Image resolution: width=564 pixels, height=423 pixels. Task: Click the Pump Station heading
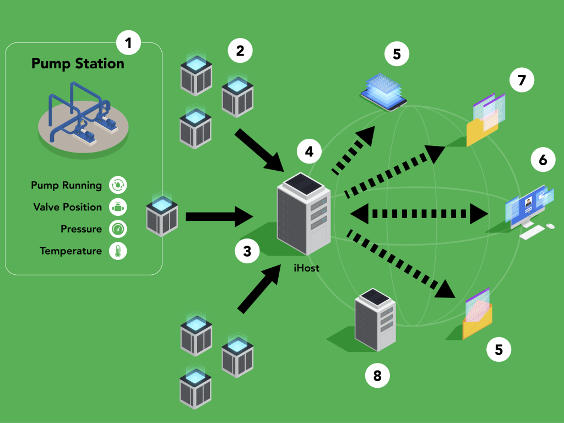click(x=78, y=64)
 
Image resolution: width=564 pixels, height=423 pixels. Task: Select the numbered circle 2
click(x=240, y=51)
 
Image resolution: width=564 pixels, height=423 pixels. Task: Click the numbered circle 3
click(x=247, y=252)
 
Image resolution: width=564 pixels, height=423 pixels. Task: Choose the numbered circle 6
click(x=543, y=160)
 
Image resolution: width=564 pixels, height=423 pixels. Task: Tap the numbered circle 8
click(x=377, y=376)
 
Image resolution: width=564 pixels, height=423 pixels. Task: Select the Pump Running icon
click(x=118, y=185)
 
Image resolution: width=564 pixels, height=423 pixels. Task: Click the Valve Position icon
click(x=118, y=207)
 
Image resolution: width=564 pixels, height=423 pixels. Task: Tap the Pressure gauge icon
click(x=118, y=229)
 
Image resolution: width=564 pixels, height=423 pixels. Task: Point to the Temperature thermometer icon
click(x=118, y=251)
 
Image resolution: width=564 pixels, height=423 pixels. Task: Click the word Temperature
click(x=70, y=251)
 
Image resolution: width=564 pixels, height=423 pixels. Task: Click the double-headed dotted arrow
click(x=420, y=213)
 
